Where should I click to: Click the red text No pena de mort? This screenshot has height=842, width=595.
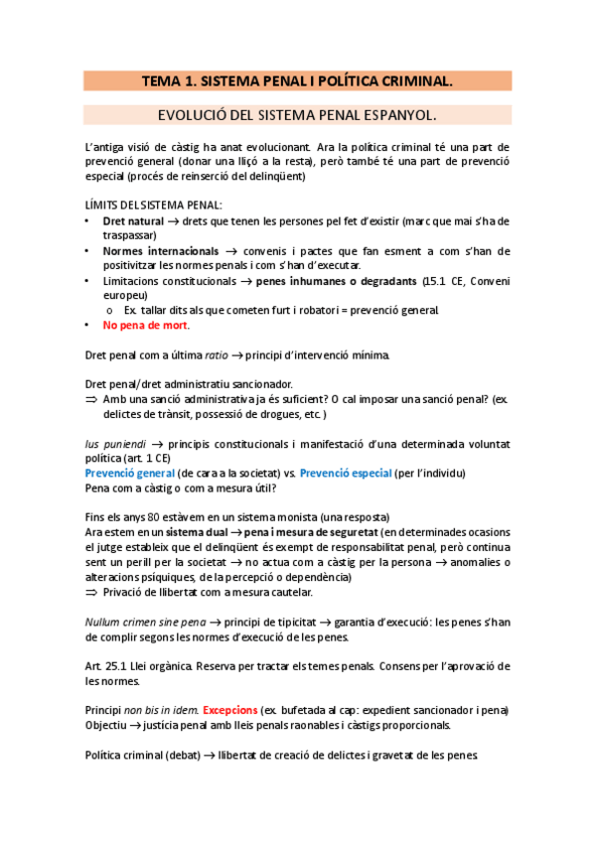tap(145, 326)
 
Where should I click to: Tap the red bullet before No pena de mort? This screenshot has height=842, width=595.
tap(89, 326)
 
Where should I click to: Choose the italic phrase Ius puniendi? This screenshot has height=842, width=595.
tap(114, 444)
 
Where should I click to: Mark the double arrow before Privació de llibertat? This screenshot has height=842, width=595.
tap(92, 592)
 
